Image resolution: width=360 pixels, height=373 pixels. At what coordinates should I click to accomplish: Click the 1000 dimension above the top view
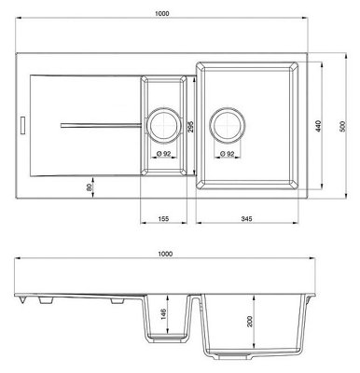[x=161, y=13]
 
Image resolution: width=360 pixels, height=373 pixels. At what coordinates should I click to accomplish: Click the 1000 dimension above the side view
[x=165, y=254]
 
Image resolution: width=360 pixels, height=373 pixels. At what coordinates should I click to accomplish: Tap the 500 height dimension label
[x=342, y=126]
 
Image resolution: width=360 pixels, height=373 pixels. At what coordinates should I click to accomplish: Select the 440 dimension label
[x=318, y=126]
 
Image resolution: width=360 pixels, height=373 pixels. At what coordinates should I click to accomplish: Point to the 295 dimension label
[x=190, y=127]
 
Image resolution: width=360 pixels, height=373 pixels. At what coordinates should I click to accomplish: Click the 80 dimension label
[x=89, y=187]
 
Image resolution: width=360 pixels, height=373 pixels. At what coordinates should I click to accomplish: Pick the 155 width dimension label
[x=163, y=219]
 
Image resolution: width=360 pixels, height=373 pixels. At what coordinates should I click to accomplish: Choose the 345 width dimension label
[x=246, y=219]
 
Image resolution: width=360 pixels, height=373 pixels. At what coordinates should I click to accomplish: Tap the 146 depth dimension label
[x=164, y=314]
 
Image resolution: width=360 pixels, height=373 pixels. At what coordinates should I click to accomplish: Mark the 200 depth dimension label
[x=250, y=321]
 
